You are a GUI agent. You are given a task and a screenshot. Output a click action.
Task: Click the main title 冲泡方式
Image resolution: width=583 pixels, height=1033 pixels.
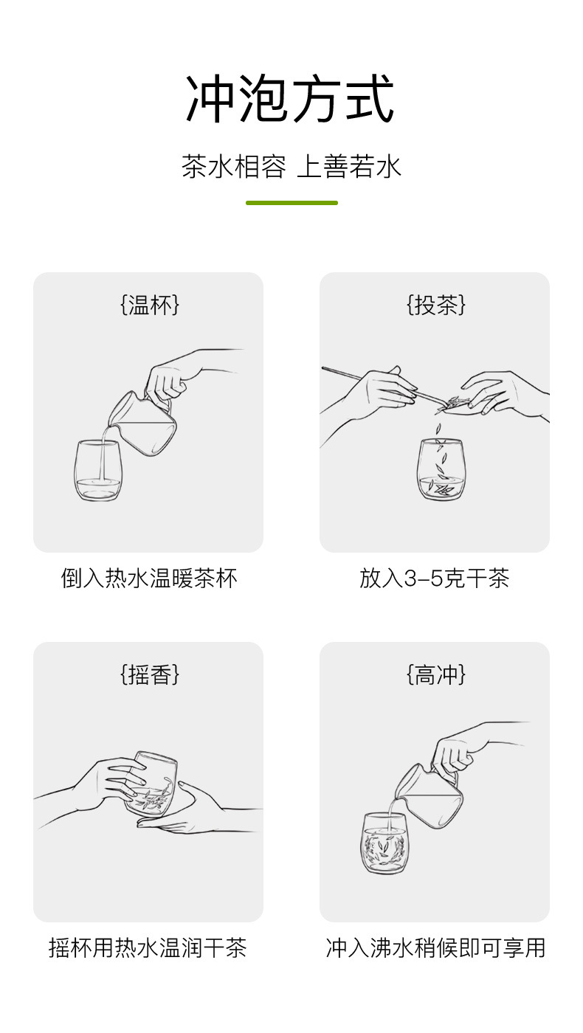291,99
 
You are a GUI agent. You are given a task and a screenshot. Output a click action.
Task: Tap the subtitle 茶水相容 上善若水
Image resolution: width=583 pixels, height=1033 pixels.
291,167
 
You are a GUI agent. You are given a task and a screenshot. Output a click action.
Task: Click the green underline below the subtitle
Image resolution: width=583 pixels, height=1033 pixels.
291,202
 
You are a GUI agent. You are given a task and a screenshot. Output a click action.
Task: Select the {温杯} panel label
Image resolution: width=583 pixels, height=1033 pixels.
148,305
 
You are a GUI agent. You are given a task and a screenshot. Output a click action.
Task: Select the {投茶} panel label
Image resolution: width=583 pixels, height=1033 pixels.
435,305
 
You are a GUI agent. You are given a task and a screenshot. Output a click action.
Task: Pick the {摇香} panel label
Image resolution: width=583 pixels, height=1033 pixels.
148,674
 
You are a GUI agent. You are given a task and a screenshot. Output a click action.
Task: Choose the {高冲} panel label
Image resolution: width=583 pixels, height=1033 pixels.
435,674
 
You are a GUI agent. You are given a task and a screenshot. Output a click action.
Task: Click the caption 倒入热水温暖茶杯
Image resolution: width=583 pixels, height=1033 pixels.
148,578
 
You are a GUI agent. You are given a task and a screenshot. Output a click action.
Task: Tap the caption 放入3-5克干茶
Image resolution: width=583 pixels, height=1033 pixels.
434,578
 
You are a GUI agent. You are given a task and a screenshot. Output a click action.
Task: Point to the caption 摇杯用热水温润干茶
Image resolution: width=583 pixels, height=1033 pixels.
148,947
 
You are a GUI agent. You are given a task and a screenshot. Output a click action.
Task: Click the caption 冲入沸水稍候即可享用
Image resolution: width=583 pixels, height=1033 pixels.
435,947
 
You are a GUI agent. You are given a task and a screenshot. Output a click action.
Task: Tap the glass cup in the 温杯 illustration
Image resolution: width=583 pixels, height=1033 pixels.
97,471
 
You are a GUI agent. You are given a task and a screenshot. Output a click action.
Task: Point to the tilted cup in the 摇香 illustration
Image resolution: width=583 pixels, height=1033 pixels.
153,784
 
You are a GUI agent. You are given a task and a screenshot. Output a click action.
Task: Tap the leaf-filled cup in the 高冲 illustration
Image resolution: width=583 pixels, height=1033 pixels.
384,843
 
